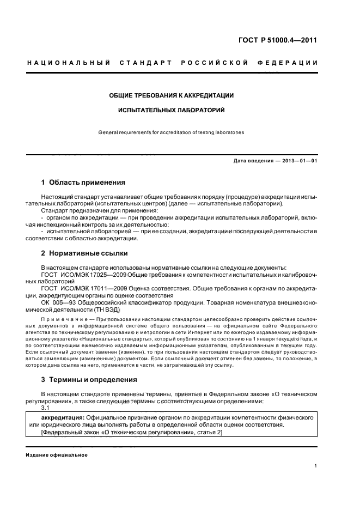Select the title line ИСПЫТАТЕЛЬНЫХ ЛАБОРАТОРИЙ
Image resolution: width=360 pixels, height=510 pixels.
coord(172,110)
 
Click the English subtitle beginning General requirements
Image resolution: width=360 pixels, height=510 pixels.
coord(172,132)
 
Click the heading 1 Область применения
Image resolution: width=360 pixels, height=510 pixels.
coord(83,183)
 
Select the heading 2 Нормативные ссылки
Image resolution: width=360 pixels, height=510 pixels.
coord(85,253)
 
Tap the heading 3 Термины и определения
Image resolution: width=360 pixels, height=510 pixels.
coord(89,379)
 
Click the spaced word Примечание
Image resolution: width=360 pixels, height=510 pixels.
coord(64,318)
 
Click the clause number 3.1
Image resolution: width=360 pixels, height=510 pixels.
coord(46,408)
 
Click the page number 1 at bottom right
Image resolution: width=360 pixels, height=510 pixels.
coord(315,466)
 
